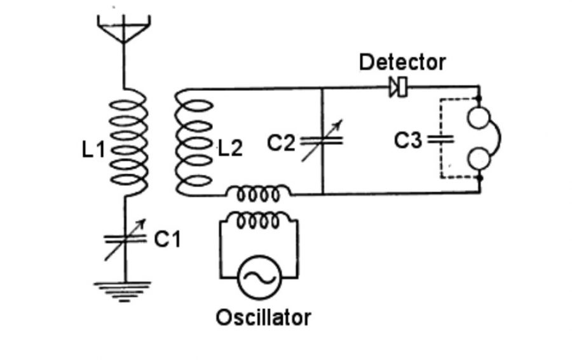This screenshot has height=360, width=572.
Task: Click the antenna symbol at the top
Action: (x=125, y=29)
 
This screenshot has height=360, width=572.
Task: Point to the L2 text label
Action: (x=230, y=149)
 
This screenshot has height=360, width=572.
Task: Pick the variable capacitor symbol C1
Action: (x=125, y=239)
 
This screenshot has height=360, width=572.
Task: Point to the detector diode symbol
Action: (x=399, y=87)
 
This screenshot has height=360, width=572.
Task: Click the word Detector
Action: (x=402, y=62)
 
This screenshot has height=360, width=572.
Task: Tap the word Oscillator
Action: (x=264, y=316)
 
